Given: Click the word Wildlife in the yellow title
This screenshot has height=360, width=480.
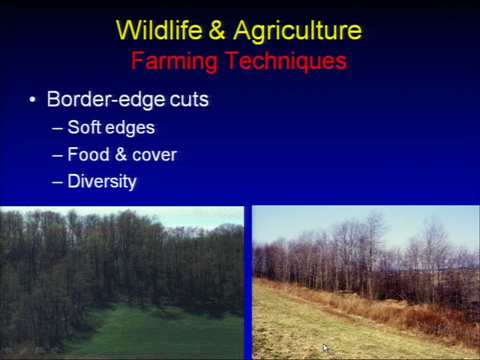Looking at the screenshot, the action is [x=160, y=30].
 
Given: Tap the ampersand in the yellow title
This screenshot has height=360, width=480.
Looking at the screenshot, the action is [x=217, y=30].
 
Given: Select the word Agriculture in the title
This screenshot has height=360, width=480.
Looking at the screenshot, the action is [x=297, y=31].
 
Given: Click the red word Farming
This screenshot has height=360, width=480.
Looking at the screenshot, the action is [x=174, y=61].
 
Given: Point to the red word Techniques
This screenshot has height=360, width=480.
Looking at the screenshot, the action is [x=286, y=61].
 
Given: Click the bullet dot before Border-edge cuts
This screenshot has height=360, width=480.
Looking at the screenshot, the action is [x=32, y=100].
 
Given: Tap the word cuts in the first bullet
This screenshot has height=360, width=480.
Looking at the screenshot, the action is [x=189, y=100].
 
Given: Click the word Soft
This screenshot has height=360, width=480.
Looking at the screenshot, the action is [x=84, y=127].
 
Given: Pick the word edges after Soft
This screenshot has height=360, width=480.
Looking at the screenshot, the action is [x=130, y=128].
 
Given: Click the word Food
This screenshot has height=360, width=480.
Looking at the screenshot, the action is [x=88, y=154].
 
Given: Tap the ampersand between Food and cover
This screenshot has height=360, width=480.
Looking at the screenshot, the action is [x=121, y=154].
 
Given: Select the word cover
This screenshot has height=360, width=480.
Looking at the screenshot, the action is [x=154, y=155].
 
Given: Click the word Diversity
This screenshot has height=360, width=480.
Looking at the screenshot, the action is [x=102, y=181].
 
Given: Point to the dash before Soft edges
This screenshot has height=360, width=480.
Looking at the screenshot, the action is [x=57, y=128].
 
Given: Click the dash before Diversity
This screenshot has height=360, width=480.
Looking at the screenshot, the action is [x=57, y=182].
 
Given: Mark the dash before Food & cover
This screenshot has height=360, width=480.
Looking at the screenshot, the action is [x=57, y=155].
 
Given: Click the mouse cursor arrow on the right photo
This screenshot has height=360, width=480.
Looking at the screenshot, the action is [x=325, y=348].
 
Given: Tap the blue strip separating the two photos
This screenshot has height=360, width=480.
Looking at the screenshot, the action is [x=247, y=282].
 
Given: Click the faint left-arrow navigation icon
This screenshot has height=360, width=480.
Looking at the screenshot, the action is [x=7, y=350].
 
